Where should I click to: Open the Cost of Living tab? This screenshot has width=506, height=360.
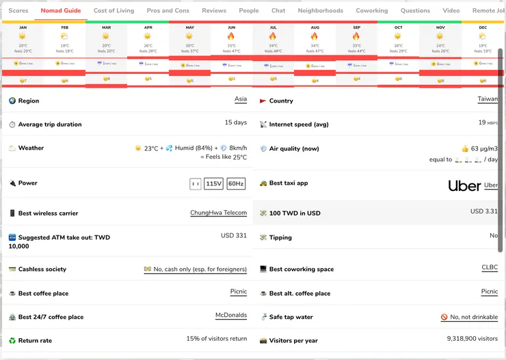click(114, 11)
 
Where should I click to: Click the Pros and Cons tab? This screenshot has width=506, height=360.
click(168, 11)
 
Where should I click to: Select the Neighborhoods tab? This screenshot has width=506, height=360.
click(321, 11)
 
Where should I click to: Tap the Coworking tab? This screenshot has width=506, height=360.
click(372, 11)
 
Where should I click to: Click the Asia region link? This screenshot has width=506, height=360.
click(241, 99)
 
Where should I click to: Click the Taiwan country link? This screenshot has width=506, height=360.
click(488, 99)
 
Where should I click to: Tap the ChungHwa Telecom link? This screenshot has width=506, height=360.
click(218, 213)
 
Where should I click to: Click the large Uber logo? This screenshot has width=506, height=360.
click(464, 185)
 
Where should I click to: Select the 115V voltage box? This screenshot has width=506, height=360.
click(214, 183)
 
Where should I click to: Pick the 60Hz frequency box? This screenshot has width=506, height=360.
click(236, 183)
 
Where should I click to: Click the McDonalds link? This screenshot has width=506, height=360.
click(231, 316)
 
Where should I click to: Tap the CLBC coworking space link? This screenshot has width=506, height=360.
click(490, 268)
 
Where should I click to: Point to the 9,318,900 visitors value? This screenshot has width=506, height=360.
click(472, 339)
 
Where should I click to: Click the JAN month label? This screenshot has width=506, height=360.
click(23, 28)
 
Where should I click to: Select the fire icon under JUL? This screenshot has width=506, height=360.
click(273, 36)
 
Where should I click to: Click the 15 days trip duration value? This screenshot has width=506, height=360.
click(235, 123)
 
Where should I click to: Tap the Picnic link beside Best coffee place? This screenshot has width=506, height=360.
click(239, 292)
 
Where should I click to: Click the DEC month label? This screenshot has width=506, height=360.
click(483, 28)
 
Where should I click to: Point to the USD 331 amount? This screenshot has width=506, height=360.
click(233, 235)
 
